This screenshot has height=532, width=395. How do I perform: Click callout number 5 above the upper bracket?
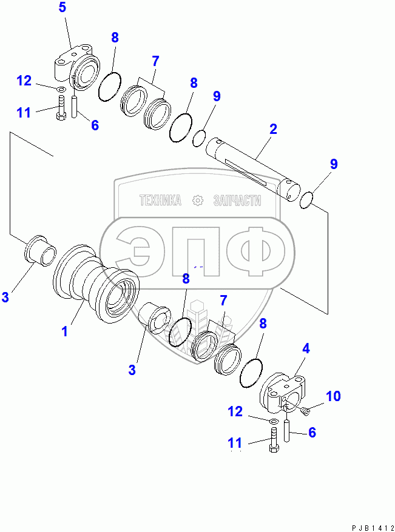tap(63, 8)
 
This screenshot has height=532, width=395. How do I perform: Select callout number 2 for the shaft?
tap(273, 128)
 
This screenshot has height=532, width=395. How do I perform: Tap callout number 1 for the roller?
tap(65, 331)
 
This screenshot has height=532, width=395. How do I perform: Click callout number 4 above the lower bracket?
tap(306, 348)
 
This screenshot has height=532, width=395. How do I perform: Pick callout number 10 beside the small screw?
tap(333, 396)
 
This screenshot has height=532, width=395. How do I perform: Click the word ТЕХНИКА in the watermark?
tap(160, 201)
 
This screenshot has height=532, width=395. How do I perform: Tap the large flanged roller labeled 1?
tap(97, 285)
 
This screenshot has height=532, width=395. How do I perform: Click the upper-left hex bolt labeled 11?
tap(60, 113)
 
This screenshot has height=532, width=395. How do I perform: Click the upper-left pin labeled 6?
tap(75, 107)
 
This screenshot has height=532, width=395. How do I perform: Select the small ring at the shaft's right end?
tap(307, 199)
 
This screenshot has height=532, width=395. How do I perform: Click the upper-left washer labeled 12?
tap(60, 91)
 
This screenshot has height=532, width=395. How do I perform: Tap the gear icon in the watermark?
tap(197, 201)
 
